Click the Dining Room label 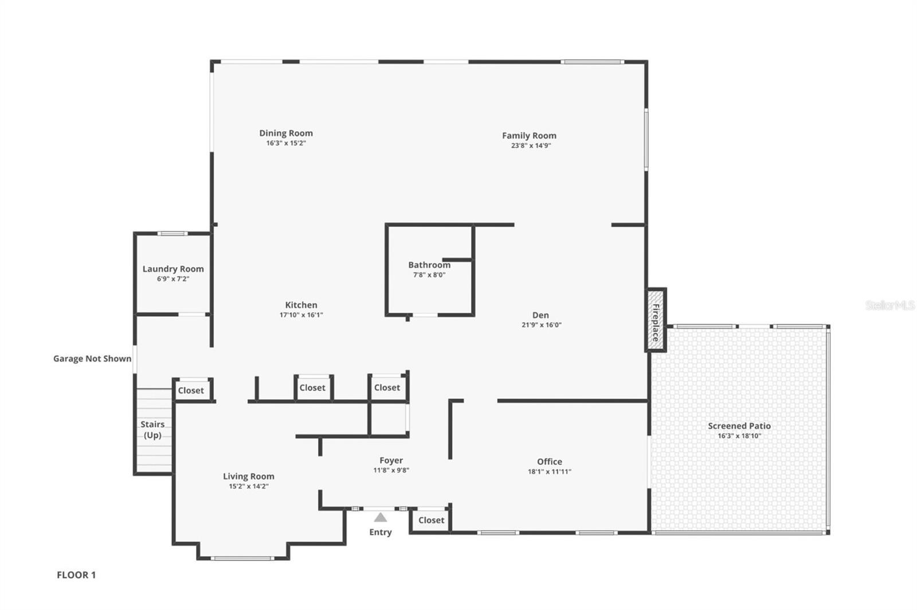pos(286,133)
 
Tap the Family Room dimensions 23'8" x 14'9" pos(531,145)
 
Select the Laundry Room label pos(173,269)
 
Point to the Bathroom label pos(429,265)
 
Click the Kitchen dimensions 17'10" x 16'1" pos(301,315)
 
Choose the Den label pos(540,315)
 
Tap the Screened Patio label pos(739,426)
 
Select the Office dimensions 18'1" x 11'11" pos(549,472)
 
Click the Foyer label pos(391,460)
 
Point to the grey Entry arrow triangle pos(380,518)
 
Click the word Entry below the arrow pos(380,532)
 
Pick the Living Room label pos(248,476)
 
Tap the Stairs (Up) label pos(152,430)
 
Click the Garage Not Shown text pos(92,359)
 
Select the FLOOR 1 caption pos(76,575)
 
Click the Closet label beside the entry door pos(431,520)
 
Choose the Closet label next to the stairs pos(191,391)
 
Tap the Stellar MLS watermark pos(889,305)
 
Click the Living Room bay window pos(242,558)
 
